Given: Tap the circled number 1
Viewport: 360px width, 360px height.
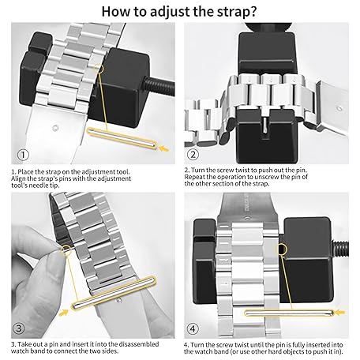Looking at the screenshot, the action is click(x=23, y=155).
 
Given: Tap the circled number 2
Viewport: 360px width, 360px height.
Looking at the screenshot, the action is click(x=193, y=154).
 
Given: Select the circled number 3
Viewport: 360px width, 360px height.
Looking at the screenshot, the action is click(x=19, y=328).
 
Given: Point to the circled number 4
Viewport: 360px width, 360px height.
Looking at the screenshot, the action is click(x=193, y=328).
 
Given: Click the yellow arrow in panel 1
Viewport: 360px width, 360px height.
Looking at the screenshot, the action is click(x=164, y=148).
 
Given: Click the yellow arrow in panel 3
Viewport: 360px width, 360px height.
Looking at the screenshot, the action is click(x=63, y=313).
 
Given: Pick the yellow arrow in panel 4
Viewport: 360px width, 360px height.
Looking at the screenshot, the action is click(x=340, y=313).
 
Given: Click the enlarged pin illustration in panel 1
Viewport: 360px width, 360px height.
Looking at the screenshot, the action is click(x=122, y=137).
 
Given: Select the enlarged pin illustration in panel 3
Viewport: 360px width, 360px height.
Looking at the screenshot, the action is click(x=114, y=292).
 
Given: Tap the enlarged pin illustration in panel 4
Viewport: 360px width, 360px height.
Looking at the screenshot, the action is click(x=289, y=313).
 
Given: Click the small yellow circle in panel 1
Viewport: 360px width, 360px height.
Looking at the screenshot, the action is click(x=99, y=68).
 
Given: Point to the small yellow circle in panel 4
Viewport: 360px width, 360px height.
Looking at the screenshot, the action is click(x=283, y=249).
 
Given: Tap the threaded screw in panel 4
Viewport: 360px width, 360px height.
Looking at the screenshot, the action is click(x=341, y=249).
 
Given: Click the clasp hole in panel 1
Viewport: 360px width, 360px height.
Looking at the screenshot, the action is click(x=55, y=129).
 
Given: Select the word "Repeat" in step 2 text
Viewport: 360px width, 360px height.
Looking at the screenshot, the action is click(x=195, y=177).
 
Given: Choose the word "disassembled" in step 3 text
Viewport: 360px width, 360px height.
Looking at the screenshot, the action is click(x=139, y=344).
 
